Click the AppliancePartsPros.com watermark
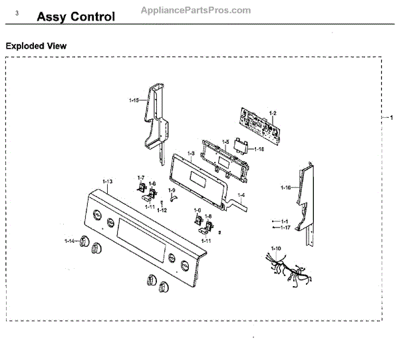pyautogui.click(x=196, y=10)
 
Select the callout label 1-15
pyautogui.click(x=133, y=100)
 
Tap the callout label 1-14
pyautogui.click(x=69, y=240)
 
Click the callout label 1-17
pyautogui.click(x=285, y=228)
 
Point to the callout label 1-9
pyautogui.click(x=171, y=190)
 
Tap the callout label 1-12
pyautogui.click(x=162, y=210)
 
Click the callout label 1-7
pyautogui.click(x=140, y=177)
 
